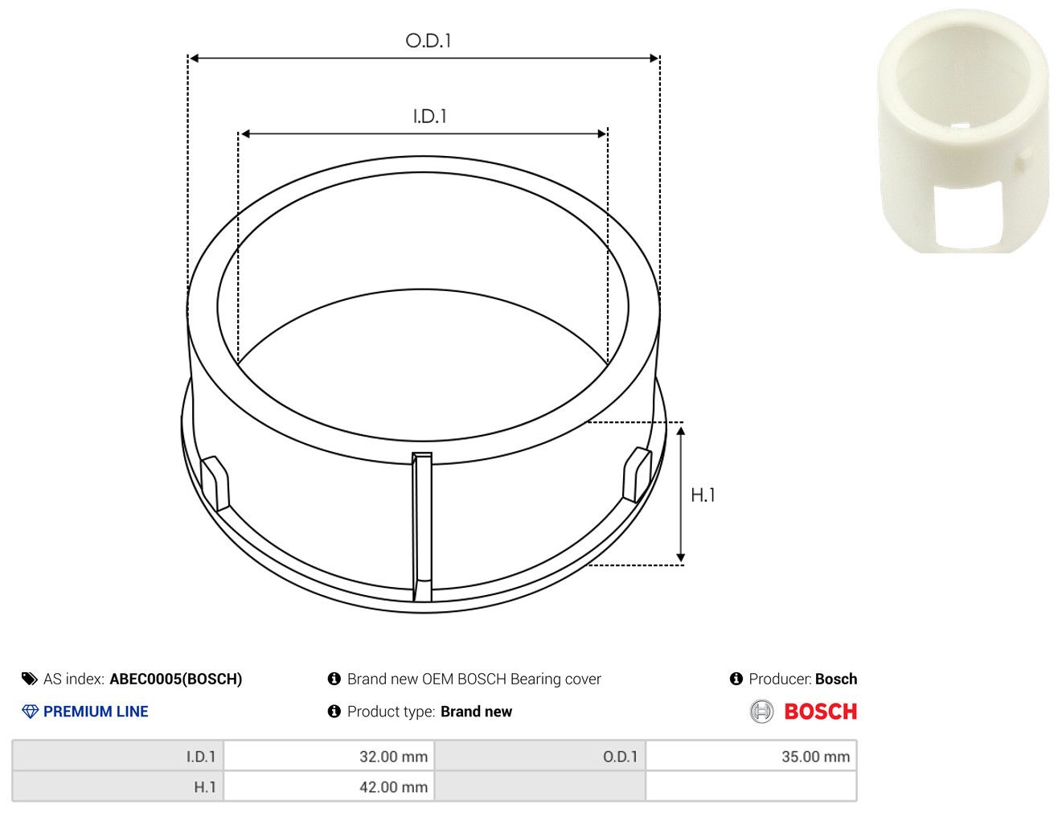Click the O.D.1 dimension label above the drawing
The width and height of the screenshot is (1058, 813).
pos(428,40)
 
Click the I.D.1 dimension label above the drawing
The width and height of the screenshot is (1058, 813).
pos(429,117)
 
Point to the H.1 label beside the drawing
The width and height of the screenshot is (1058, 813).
pos(703,495)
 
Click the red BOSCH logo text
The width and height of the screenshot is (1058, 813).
pos(820,711)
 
